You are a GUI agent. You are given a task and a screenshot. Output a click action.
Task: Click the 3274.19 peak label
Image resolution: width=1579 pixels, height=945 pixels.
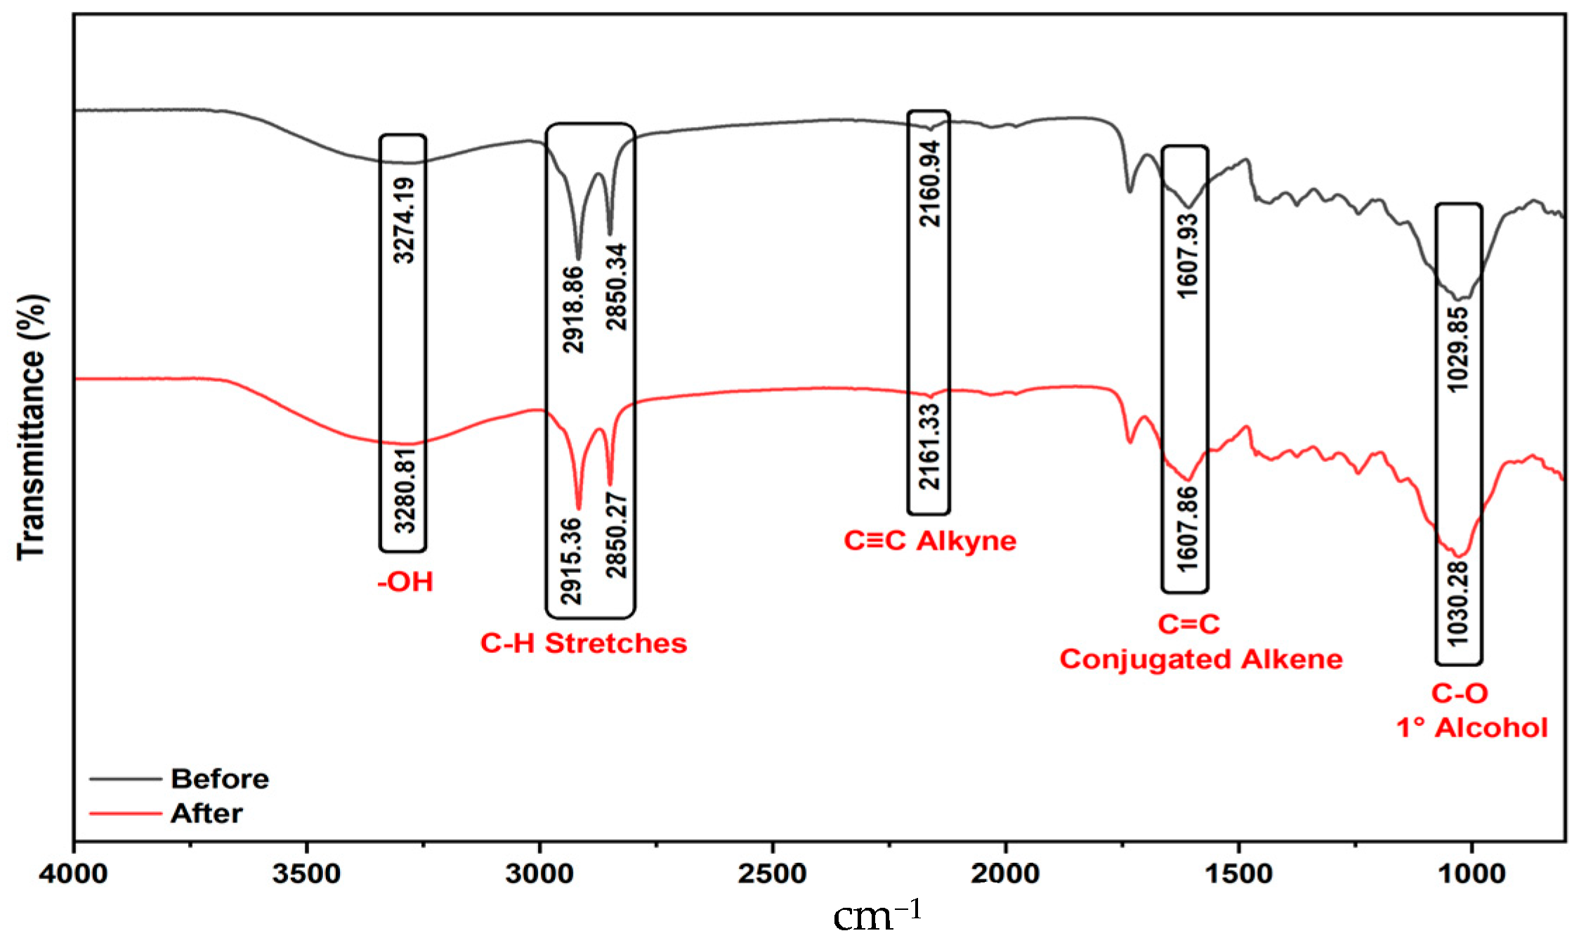point(404,220)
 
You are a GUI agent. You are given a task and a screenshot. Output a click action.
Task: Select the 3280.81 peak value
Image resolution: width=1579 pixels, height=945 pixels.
point(405,491)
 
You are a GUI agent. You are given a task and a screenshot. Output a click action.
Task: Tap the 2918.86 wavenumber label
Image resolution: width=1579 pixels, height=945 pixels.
point(574,309)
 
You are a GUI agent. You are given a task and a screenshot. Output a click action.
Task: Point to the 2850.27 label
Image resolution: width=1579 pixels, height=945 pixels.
point(617,535)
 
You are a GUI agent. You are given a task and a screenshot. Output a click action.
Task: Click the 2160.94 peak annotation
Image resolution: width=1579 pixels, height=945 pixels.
point(930,183)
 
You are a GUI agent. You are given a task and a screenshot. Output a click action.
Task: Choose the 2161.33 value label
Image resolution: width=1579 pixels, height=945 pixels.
point(930,447)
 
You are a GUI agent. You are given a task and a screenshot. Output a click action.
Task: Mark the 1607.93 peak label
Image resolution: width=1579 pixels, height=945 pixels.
point(1187,256)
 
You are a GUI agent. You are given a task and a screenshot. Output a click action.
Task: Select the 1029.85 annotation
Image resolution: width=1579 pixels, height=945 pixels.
point(1458,349)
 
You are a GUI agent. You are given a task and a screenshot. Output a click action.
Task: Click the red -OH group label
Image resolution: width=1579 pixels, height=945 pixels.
point(405,582)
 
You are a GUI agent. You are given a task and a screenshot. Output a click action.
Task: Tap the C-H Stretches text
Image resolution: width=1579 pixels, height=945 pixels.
point(583,643)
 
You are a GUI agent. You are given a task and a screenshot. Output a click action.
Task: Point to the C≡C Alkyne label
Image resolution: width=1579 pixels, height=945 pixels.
point(930,541)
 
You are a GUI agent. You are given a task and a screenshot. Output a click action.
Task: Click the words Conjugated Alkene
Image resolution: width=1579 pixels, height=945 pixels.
point(1201,659)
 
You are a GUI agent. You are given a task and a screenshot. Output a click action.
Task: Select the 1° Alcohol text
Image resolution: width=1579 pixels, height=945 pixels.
point(1472,728)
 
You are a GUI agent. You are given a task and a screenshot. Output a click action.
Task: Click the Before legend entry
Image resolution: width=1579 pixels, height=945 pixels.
point(219,779)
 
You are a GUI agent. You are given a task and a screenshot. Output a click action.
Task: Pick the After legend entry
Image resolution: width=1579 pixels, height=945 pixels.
point(207,813)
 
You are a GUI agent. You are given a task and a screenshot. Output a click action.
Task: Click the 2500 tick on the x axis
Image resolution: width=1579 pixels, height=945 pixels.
point(773,873)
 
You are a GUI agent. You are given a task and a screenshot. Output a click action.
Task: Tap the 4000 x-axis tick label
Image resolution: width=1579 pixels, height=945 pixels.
point(73,873)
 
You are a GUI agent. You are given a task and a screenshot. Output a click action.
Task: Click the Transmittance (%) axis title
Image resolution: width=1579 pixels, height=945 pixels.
point(32,427)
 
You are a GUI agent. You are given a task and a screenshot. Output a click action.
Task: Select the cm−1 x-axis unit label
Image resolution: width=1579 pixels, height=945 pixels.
point(877,916)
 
